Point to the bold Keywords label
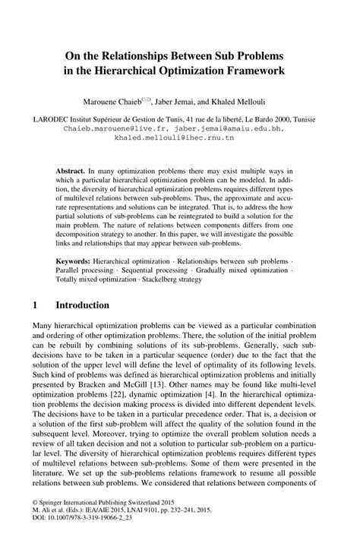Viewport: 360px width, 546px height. coord(75,260)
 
